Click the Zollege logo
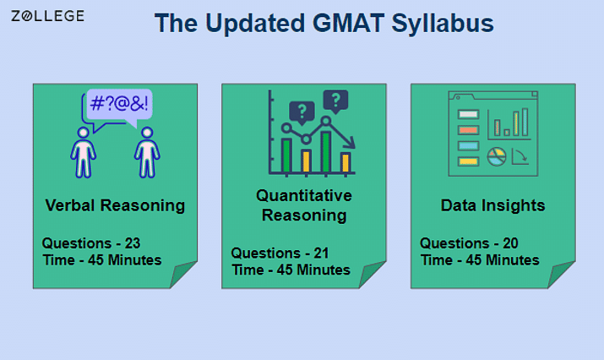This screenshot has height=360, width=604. (x=48, y=16)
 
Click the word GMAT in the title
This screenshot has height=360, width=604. (x=348, y=23)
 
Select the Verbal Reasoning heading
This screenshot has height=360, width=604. (x=115, y=205)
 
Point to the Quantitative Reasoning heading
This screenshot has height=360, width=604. (x=304, y=205)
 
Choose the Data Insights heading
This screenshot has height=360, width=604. (x=492, y=205)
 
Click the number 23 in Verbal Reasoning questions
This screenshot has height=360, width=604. (x=133, y=243)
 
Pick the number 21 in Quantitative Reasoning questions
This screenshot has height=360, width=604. (x=321, y=254)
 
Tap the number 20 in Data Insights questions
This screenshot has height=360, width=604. (x=510, y=243)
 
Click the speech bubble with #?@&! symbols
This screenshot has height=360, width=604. (x=118, y=106)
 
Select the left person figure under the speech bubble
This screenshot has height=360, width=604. (x=83, y=152)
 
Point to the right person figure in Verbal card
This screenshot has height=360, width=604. (x=147, y=152)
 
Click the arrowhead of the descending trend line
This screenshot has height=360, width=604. (x=351, y=144)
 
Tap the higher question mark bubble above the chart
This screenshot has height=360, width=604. (x=336, y=101)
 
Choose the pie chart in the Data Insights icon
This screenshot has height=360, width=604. (x=497, y=156)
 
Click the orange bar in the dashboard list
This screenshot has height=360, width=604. (x=468, y=130)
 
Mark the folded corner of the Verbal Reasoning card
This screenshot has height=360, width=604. (x=183, y=275)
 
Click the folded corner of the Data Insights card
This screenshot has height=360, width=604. (x=561, y=275)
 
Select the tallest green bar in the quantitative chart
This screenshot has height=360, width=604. (x=326, y=152)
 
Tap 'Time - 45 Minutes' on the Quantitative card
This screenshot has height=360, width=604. (x=291, y=270)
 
